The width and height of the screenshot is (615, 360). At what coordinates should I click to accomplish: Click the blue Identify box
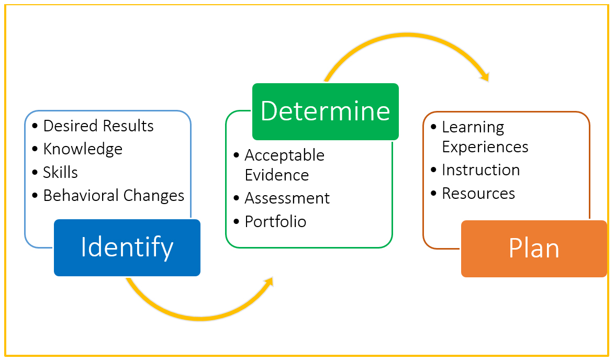tap(127, 248)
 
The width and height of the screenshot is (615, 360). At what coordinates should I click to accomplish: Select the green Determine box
tap(325, 111)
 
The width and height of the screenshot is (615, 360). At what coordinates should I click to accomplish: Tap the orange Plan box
tap(534, 249)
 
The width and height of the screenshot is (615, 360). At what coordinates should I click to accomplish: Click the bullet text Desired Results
tap(98, 126)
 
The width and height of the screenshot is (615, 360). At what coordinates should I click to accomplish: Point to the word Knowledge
tap(83, 149)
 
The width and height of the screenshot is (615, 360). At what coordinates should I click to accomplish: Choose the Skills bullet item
tap(61, 172)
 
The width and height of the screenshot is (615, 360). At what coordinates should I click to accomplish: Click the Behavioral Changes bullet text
tap(114, 195)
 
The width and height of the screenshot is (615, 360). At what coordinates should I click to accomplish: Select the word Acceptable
tap(284, 155)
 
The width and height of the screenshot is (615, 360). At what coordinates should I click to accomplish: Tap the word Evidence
tap(277, 175)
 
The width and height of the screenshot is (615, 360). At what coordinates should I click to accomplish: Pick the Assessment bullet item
tap(287, 198)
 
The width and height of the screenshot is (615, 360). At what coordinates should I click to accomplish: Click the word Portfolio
tap(275, 221)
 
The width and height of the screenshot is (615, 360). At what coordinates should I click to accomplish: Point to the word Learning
tap(473, 127)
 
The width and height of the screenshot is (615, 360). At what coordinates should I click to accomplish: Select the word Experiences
tap(485, 147)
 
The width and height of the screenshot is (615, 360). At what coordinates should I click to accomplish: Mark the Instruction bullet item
tap(480, 170)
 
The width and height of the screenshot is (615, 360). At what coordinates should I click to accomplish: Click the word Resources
tap(478, 194)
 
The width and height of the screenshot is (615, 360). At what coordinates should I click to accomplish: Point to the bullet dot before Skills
tap(35, 172)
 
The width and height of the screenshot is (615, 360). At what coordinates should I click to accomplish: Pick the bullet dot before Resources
tap(433, 194)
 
